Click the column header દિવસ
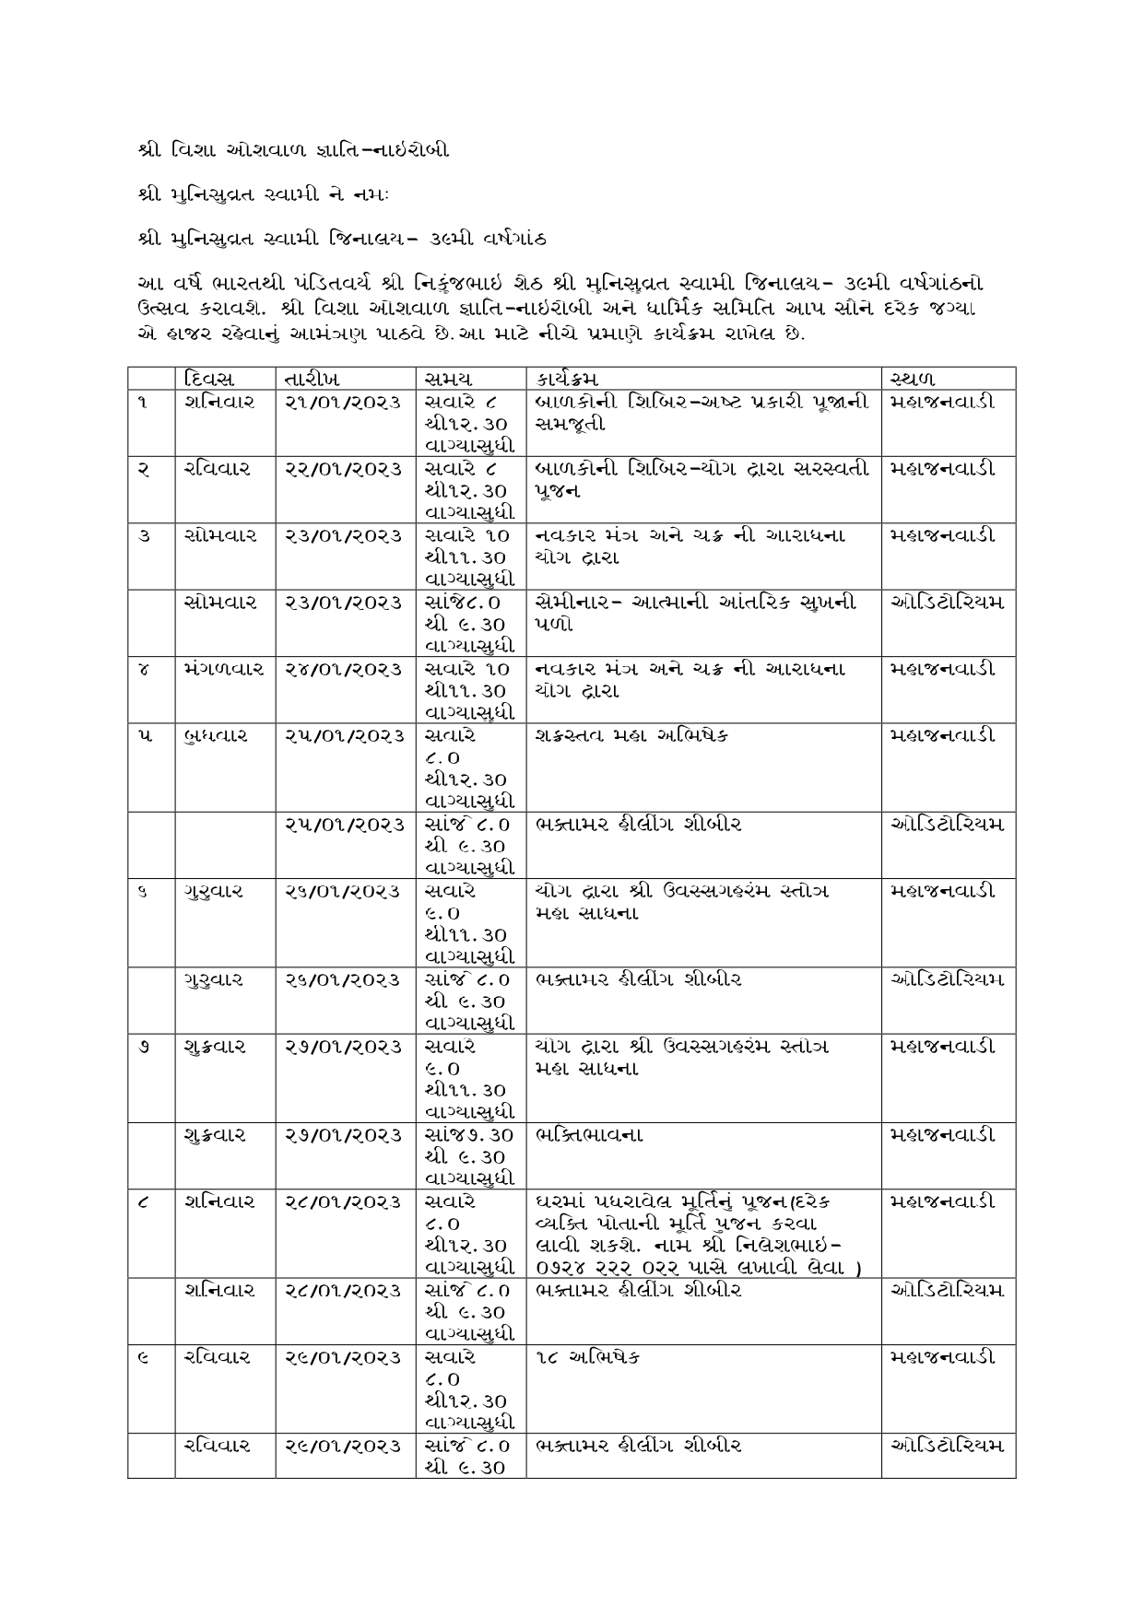(209, 379)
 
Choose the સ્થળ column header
(914, 379)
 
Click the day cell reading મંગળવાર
(224, 669)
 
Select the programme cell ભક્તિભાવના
(588, 1135)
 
